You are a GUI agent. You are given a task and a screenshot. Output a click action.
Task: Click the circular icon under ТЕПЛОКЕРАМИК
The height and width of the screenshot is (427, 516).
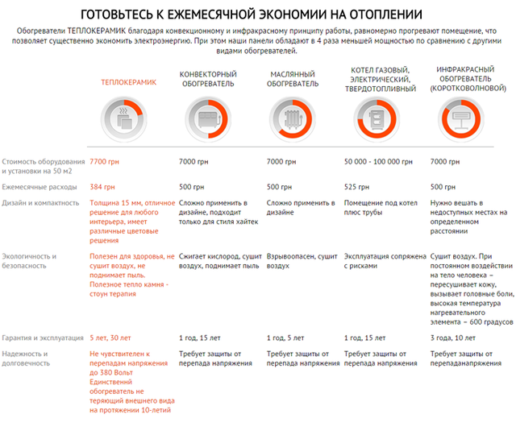point(128,119)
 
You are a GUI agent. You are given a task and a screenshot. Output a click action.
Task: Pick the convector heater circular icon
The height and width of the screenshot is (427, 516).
point(207,119)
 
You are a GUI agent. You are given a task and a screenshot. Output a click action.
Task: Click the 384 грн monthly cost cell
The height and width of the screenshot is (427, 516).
point(102,186)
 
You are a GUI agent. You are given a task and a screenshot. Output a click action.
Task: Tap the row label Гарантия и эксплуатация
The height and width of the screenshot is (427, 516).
point(44,338)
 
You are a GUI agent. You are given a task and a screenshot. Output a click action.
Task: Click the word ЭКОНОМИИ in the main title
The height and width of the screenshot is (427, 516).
point(318,14)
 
